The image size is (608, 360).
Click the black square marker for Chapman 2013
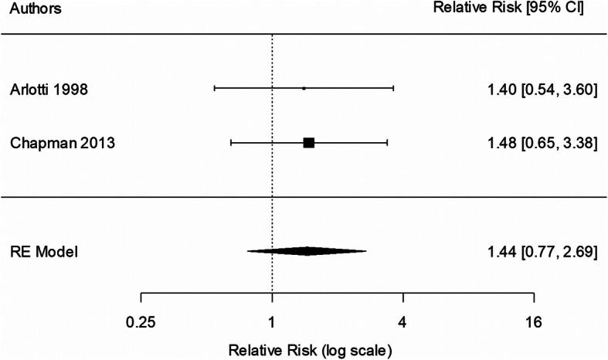[309, 143]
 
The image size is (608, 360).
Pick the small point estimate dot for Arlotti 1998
[304, 89]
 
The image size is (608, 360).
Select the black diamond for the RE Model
[307, 251]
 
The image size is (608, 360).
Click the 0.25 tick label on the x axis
[141, 321]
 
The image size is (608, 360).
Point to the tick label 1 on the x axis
[272, 321]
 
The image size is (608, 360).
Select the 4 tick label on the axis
[403, 321]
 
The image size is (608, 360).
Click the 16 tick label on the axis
[533, 321]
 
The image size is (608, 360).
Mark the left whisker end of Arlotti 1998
[214, 89]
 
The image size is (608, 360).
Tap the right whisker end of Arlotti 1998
[393, 89]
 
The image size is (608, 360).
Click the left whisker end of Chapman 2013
[231, 143]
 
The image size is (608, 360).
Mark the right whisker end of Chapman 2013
[387, 143]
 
